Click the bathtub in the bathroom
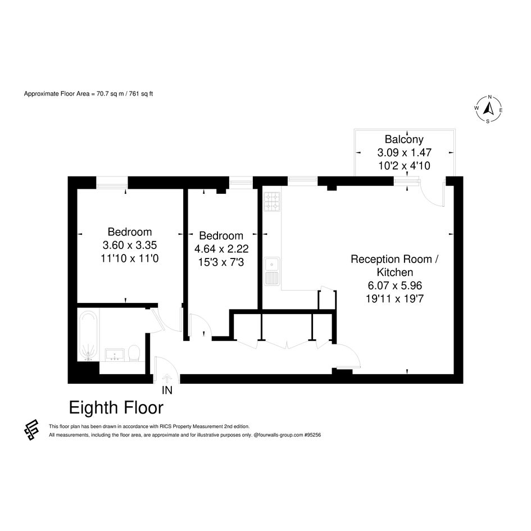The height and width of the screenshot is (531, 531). pos(88,336)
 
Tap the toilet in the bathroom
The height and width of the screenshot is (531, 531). pos(134,353)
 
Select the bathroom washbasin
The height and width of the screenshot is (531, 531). pos(115,355)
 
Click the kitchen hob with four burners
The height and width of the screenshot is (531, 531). pos(272,202)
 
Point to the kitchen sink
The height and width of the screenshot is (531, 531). pos(272,271)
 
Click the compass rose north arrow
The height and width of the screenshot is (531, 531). pos(488,109)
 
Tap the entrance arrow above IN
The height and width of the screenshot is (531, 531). pos(167,378)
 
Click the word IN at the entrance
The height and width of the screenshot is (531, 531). pos(167,391)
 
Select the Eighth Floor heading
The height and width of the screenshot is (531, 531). pos(116,408)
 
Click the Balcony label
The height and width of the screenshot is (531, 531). pos(404,139)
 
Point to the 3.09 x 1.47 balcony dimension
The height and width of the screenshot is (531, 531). pos(405,152)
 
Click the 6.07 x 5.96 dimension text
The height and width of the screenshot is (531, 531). pos(395,285)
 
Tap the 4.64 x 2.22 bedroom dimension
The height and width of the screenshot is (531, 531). pos(221,249)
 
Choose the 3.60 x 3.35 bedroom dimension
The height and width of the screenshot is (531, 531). pos(130,245)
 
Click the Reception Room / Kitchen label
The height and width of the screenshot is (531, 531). pos(395,265)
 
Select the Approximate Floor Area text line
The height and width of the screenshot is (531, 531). pos(88,94)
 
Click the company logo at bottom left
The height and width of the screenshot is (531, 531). pos(31,429)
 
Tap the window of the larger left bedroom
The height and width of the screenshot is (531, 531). pos(112,183)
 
